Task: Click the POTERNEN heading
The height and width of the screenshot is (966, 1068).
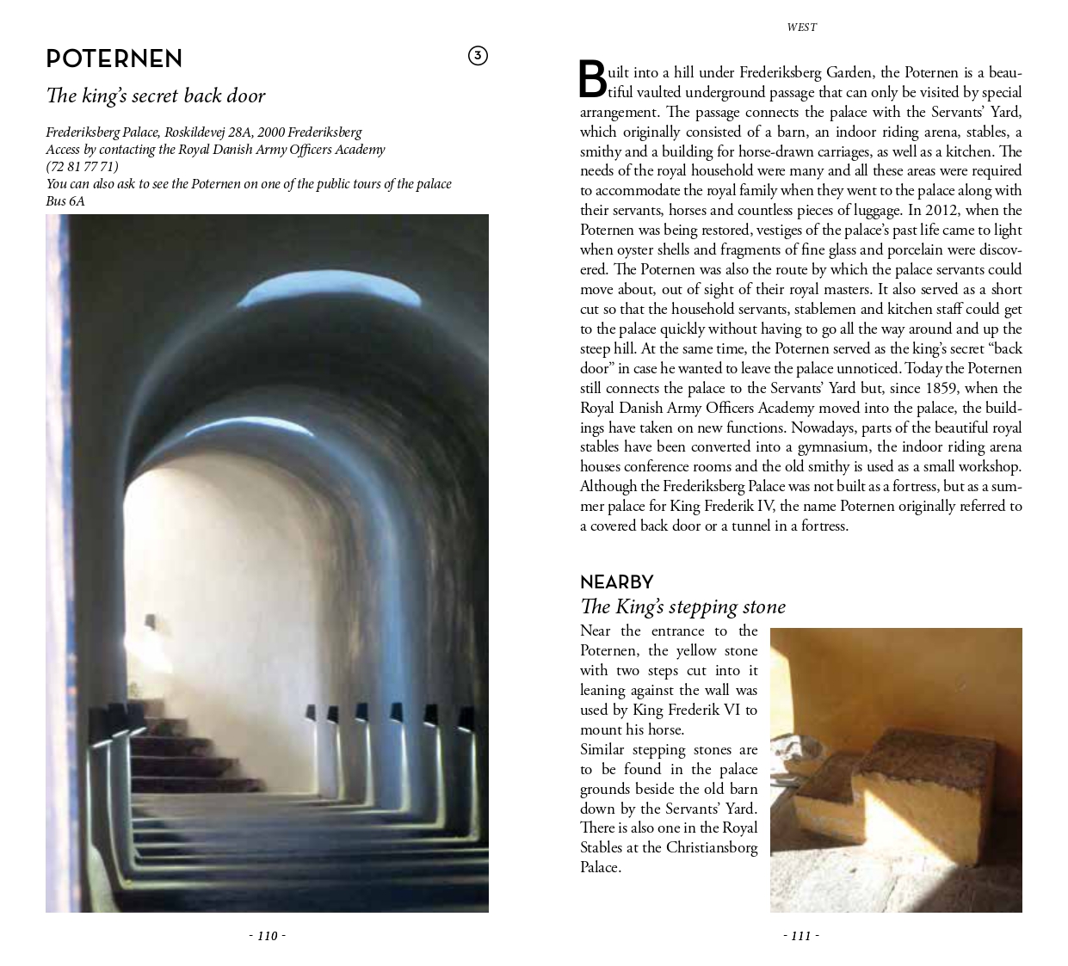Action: pyautogui.click(x=114, y=59)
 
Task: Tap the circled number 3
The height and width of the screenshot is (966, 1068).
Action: pyautogui.click(x=478, y=56)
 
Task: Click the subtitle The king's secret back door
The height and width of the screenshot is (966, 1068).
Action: pyautogui.click(x=155, y=95)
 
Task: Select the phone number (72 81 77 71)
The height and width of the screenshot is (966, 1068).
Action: pyautogui.click(x=82, y=166)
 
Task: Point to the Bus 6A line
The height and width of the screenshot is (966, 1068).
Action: pyautogui.click(x=65, y=200)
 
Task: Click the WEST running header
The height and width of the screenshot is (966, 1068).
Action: pyautogui.click(x=801, y=28)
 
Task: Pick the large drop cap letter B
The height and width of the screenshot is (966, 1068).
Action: pyautogui.click(x=592, y=80)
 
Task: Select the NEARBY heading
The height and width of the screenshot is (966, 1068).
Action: pyautogui.click(x=616, y=582)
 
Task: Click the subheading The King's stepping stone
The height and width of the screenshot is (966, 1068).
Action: pyautogui.click(x=682, y=606)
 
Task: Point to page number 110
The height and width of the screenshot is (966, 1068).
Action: pyautogui.click(x=267, y=936)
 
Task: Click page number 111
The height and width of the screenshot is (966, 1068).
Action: pyautogui.click(x=801, y=936)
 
